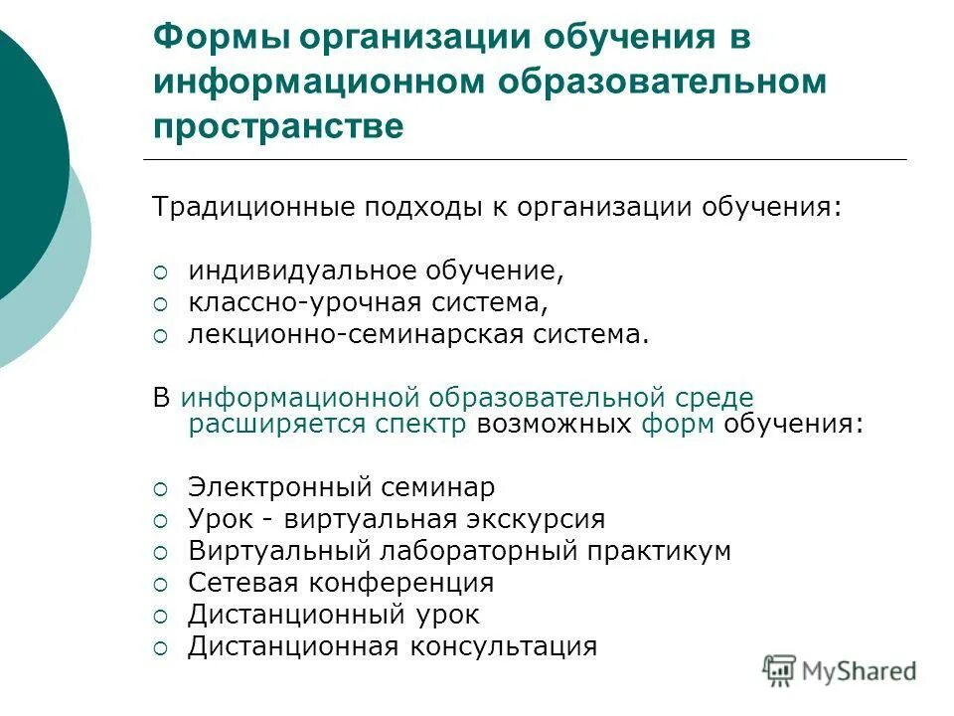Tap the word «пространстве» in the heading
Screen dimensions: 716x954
[x=279, y=125]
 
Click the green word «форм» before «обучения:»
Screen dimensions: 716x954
[x=677, y=425]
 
